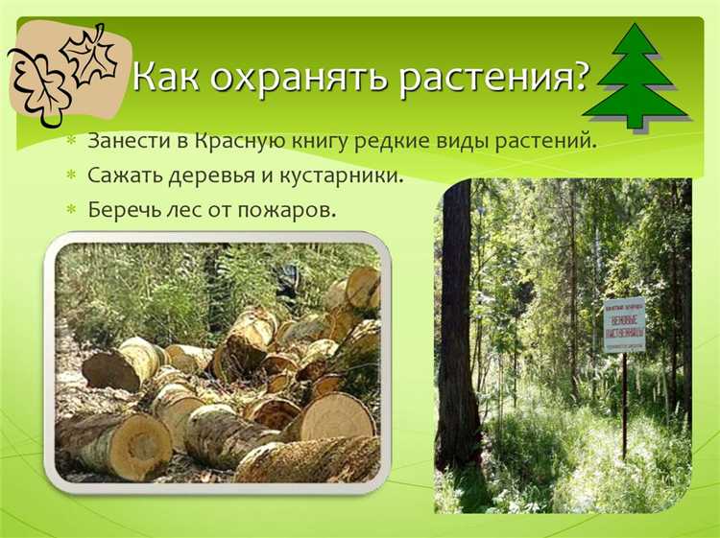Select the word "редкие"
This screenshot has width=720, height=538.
[x=407, y=142]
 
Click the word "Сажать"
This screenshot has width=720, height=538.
[x=124, y=175]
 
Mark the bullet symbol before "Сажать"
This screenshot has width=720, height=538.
[x=70, y=176]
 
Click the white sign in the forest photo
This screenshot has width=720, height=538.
[x=624, y=324]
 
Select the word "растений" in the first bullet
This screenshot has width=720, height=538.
[x=545, y=142]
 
